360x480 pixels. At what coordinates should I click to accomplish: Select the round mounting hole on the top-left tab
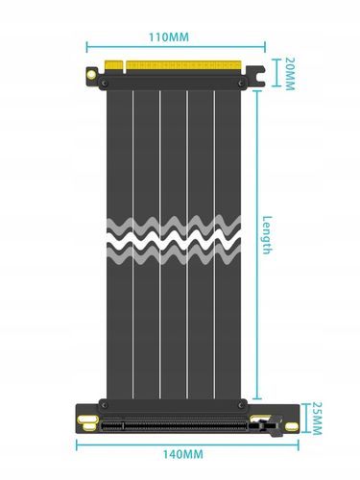[x=91, y=72]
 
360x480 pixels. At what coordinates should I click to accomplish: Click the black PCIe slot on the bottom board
[x=173, y=425]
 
